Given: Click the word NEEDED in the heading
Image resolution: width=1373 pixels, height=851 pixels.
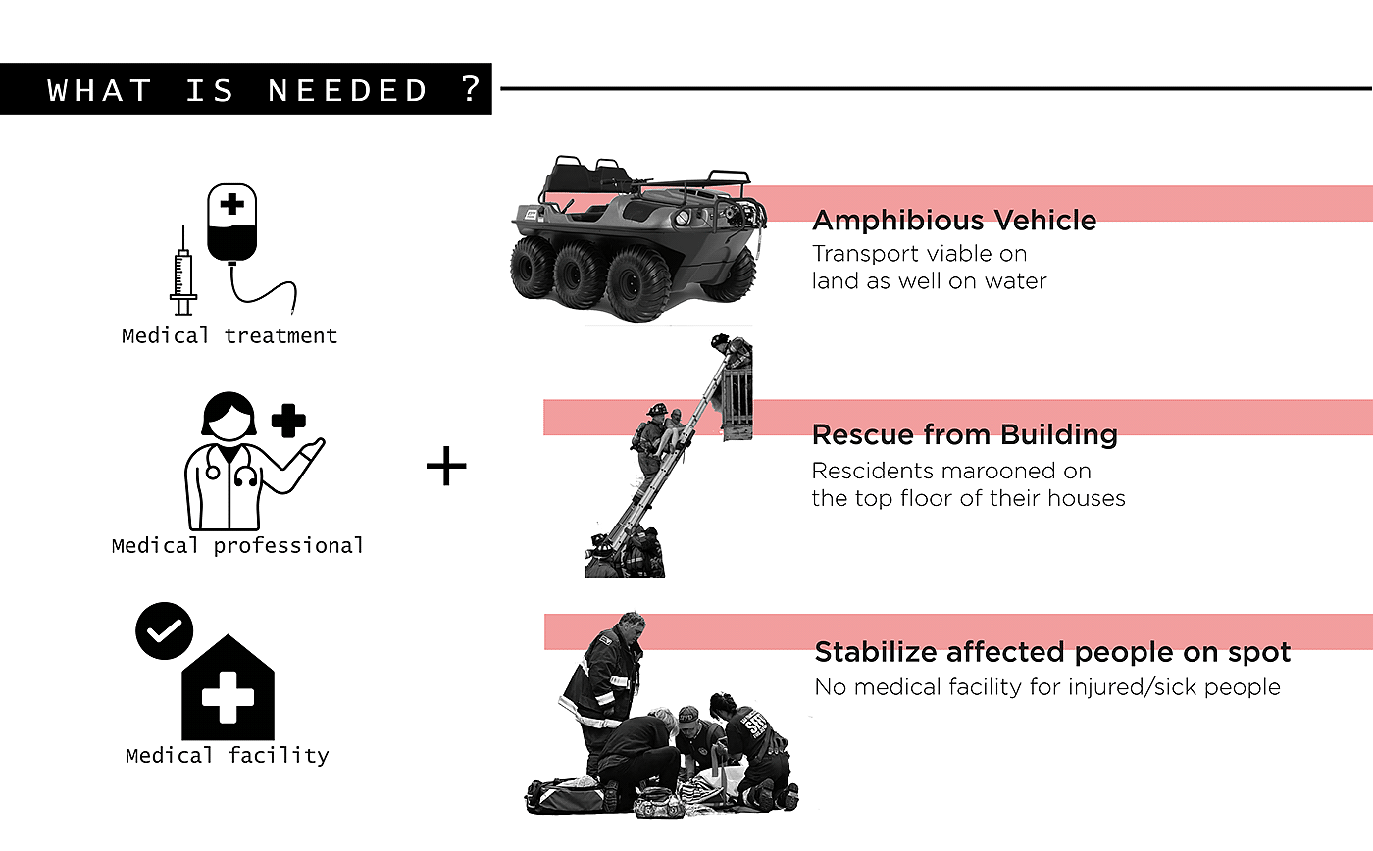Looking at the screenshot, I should [348, 91].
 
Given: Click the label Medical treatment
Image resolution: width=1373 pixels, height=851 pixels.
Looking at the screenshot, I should [229, 336].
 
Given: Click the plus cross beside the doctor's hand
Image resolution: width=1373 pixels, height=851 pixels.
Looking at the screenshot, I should [288, 420].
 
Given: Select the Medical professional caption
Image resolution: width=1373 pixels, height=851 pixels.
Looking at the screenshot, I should [237, 546].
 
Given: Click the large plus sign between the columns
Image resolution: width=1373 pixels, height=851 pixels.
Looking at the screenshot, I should [446, 467].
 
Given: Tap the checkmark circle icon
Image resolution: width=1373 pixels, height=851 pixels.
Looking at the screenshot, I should [164, 629].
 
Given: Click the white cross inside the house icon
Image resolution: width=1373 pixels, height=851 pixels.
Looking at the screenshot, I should [228, 696].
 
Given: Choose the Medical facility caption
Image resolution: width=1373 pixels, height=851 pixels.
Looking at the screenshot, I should [228, 756].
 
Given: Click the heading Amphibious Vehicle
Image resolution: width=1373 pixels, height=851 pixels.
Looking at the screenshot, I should [954, 220].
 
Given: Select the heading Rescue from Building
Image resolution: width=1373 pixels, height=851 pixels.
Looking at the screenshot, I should [965, 434].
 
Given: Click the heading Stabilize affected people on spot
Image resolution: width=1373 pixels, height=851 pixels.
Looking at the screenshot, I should [1052, 652].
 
